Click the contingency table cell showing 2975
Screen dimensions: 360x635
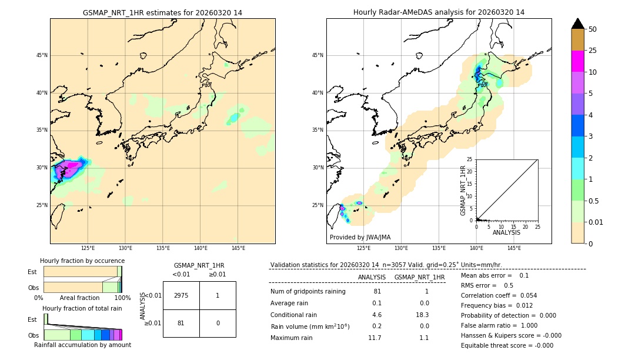click(x=181, y=295)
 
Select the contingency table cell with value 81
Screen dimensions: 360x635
click(x=181, y=323)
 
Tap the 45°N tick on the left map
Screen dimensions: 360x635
click(x=42, y=55)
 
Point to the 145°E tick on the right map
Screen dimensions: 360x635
click(x=514, y=248)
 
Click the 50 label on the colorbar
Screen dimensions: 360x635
click(x=593, y=29)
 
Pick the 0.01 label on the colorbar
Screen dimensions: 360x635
click(x=596, y=222)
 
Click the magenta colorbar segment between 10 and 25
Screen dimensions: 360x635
click(x=577, y=61)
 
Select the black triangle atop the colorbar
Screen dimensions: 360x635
click(x=577, y=24)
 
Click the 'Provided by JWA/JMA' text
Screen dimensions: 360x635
click(x=360, y=237)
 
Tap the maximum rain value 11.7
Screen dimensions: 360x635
click(x=375, y=338)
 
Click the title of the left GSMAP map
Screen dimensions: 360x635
click(x=162, y=12)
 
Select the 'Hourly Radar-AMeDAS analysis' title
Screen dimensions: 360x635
click(x=439, y=12)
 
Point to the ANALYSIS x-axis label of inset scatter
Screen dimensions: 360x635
click(x=506, y=232)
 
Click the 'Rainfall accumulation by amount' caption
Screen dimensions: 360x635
click(x=82, y=345)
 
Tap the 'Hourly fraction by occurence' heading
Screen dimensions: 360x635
click(x=82, y=261)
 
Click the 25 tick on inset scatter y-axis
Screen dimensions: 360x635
click(x=470, y=159)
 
